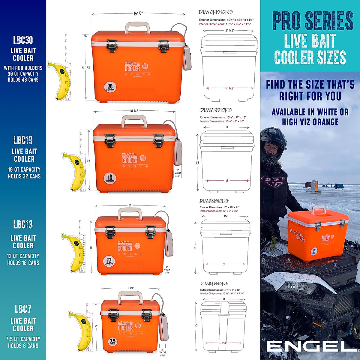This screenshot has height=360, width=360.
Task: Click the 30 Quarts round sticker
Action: pos(110,87)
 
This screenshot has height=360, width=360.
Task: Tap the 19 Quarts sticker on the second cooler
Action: pos(110,178)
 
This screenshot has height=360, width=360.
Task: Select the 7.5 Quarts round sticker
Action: pos(112,342)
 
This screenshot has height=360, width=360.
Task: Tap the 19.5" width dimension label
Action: pos(138,13)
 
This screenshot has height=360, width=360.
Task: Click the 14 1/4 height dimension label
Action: pos(85,68)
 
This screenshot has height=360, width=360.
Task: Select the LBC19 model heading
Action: pos(23,140)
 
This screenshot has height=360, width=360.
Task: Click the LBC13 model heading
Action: pos(23,224)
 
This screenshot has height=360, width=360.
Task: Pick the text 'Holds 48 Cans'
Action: pos(23,80)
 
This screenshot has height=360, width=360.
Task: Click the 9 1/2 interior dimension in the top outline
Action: pos(229,88)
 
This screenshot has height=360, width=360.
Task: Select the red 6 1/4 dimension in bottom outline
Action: pos(222,343)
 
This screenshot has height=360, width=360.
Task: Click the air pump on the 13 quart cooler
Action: pos(169,243)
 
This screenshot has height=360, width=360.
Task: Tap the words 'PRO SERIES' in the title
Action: pos(313,21)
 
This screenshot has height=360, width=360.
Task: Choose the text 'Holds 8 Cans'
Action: pos(23,346)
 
